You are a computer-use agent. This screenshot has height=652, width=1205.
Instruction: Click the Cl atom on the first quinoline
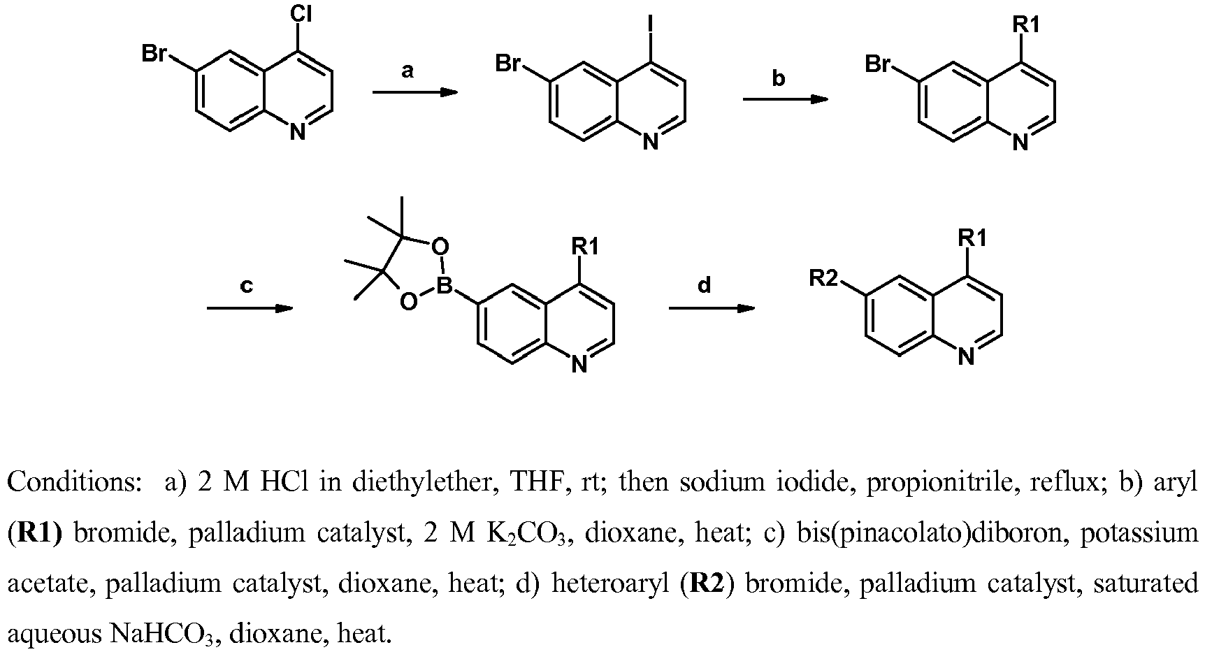click(301, 15)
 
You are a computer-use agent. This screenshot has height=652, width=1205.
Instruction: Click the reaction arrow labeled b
click(785, 99)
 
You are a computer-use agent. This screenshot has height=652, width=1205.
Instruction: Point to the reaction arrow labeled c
click(250, 307)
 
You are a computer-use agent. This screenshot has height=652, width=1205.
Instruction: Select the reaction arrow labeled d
click(712, 307)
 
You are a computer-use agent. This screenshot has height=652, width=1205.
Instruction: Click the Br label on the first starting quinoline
click(154, 54)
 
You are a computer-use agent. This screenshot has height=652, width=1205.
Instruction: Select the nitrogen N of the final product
click(966, 357)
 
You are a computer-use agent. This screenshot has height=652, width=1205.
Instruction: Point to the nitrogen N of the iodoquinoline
click(651, 143)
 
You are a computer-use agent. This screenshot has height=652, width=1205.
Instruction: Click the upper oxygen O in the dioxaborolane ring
click(440, 247)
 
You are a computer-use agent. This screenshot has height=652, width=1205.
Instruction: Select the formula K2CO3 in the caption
click(536, 533)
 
